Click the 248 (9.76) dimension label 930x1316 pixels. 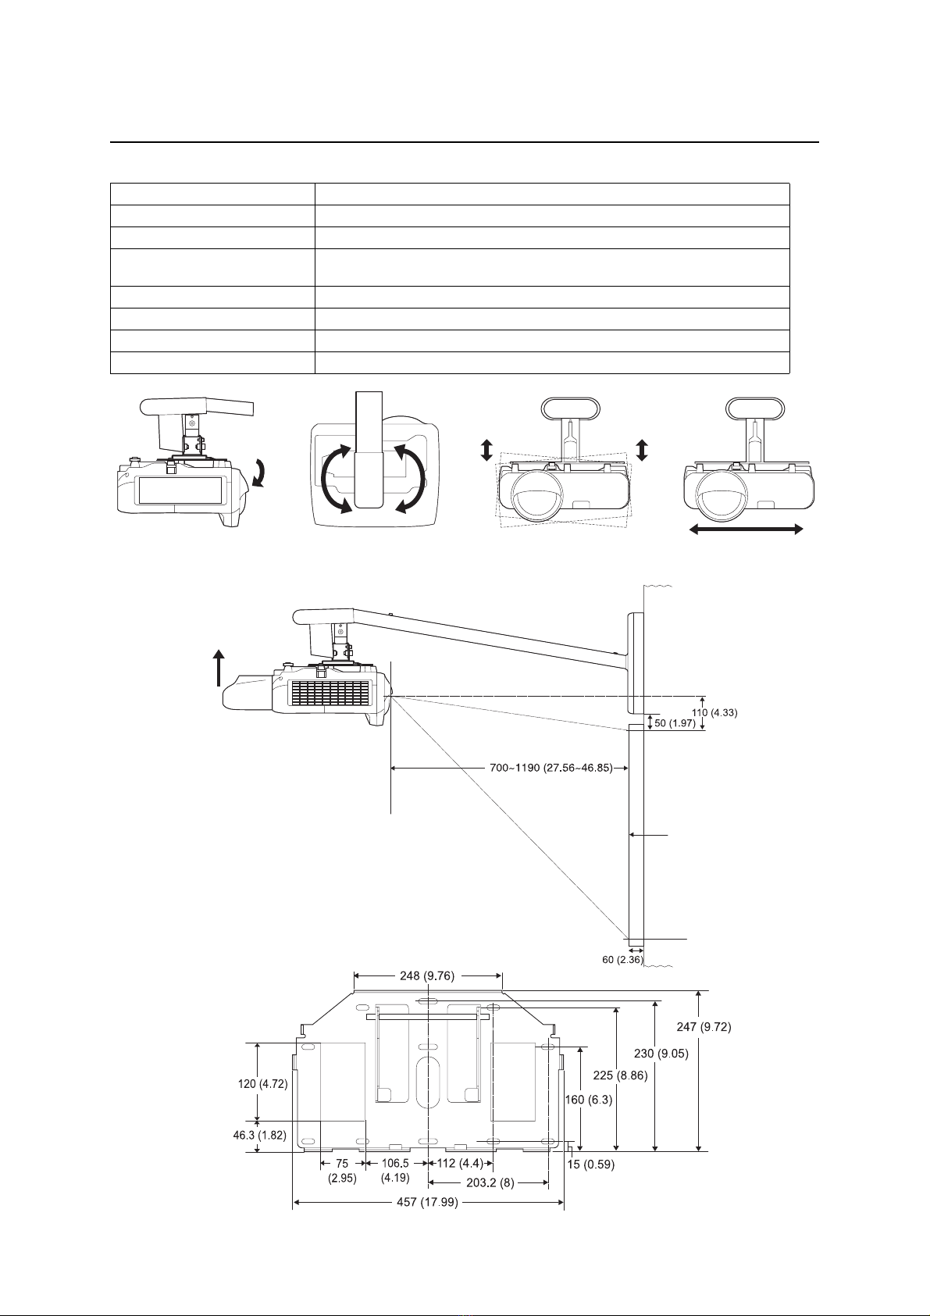(427, 975)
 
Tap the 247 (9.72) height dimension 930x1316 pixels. (704, 1028)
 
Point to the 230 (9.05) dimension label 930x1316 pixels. (661, 1054)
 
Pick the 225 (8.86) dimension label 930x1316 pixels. (621, 1075)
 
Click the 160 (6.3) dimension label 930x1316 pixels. (589, 1100)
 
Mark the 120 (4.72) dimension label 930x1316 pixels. (262, 1085)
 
